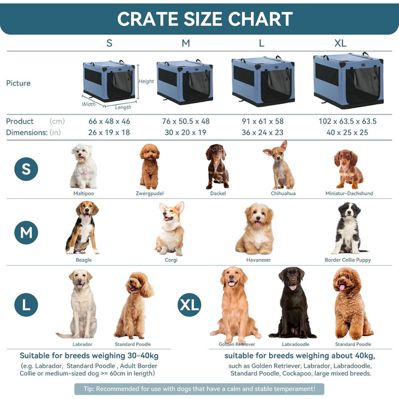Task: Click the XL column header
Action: coord(340,43)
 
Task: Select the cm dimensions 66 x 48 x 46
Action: coord(109,121)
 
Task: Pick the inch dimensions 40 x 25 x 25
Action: coord(347,132)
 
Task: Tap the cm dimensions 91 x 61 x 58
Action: coord(263,121)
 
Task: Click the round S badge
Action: coord(26,169)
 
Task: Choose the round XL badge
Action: coord(189,304)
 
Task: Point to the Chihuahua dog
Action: coord(279,165)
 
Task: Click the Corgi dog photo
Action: coord(170,229)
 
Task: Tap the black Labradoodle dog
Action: coord(292,303)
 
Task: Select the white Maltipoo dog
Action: coord(83,166)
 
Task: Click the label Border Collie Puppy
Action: coord(348,260)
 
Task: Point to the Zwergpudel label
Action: coord(149,193)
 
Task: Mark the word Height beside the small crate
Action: coord(146,81)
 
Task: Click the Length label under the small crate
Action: coord(123,107)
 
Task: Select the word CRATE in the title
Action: coord(148,19)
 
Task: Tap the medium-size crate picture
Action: coord(185,82)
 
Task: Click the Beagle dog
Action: coord(83,227)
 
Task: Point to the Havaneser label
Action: coord(259,260)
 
